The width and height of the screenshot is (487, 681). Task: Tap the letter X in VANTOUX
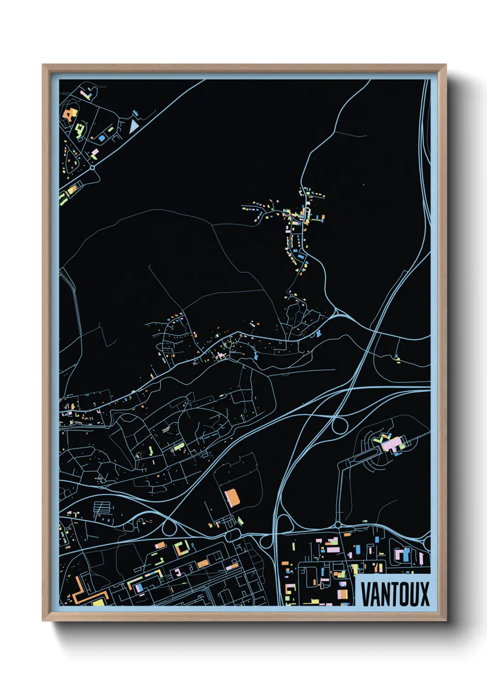pos(423,594)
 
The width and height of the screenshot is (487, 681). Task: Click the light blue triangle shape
pos(133,126)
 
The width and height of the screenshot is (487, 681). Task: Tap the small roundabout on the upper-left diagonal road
pos(93,168)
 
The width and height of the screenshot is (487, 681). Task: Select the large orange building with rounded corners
pos(232,498)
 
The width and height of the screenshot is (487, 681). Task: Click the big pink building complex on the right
pos(391,444)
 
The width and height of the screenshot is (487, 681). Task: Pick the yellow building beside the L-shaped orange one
pos(99,602)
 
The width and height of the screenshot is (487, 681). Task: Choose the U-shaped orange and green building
pos(181,548)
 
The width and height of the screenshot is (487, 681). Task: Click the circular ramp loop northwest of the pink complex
pos(340,426)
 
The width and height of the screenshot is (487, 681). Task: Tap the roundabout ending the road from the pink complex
pos(338,525)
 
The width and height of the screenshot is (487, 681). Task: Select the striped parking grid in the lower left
pos(102,508)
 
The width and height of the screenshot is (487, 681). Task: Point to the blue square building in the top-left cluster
pos(101,138)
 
